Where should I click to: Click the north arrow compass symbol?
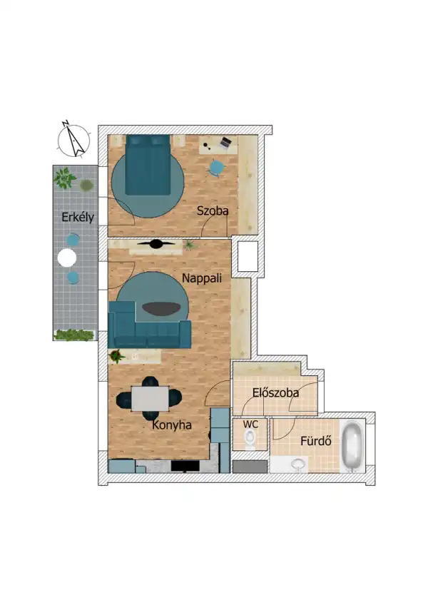[x=73, y=138]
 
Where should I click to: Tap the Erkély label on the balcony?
[x=78, y=218]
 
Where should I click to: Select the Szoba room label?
[x=213, y=211]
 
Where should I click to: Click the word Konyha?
[x=172, y=424]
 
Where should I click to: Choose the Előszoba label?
[x=275, y=392]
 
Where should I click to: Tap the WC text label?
[x=250, y=424]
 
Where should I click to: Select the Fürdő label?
[x=317, y=440]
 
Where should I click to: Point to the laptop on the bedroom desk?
[x=226, y=143]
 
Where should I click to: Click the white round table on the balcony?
[x=67, y=258]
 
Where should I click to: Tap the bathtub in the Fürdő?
[x=352, y=447]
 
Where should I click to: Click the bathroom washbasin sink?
[x=298, y=464]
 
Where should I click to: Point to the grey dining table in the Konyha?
[x=150, y=398]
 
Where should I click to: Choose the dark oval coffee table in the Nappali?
[x=162, y=309]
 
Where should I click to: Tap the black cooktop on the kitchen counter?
[x=185, y=466]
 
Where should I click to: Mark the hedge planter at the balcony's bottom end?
[x=75, y=334]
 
